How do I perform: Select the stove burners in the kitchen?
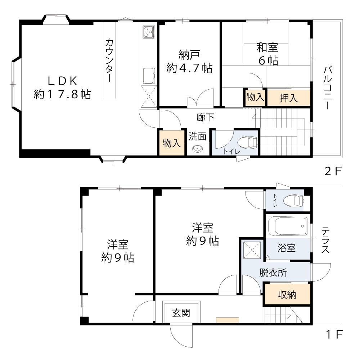(x=148, y=32)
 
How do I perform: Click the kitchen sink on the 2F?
(x=148, y=76)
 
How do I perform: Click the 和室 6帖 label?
(x=267, y=54)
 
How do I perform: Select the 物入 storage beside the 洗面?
(x=172, y=143)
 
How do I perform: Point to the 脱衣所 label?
(x=273, y=273)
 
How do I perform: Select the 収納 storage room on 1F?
(x=287, y=295)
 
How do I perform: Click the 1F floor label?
(x=333, y=335)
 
